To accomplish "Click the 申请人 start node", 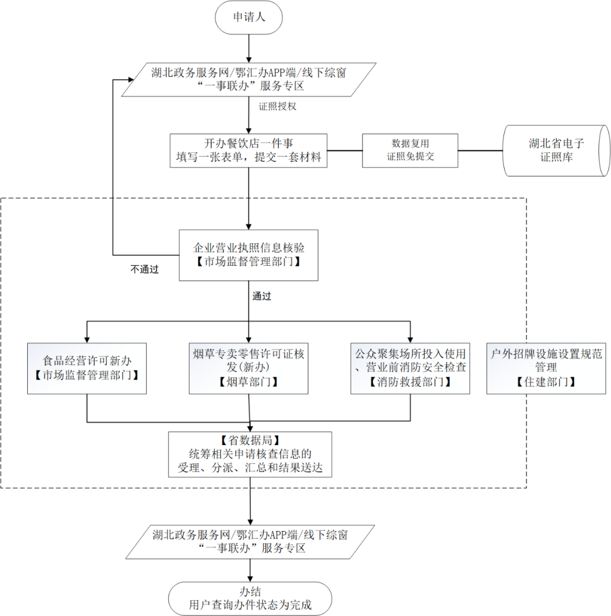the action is [x=249, y=18].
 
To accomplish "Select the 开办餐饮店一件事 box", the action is [x=248, y=151].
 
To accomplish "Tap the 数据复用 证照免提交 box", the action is [x=410, y=150].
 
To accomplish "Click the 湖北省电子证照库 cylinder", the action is [x=556, y=150].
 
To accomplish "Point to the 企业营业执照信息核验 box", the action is [x=248, y=255].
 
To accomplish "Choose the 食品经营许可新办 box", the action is [x=87, y=368].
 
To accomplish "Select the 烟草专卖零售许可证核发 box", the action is [x=248, y=368].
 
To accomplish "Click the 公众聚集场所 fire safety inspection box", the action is [x=410, y=368].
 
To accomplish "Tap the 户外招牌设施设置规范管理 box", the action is [x=546, y=368].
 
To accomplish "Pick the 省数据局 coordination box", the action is [x=250, y=455].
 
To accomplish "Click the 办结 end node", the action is [x=250, y=598].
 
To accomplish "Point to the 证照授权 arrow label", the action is [x=277, y=106].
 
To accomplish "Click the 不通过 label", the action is [x=145, y=269].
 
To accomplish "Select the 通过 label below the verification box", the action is [x=262, y=296].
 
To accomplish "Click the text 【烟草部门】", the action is [x=248, y=382].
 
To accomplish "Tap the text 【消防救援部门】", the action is [x=410, y=382].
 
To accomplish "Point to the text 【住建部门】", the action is [x=546, y=382].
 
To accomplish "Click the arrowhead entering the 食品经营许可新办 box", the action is [x=87, y=340].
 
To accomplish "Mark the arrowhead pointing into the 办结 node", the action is [x=250, y=579].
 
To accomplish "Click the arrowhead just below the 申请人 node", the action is [x=249, y=60].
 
